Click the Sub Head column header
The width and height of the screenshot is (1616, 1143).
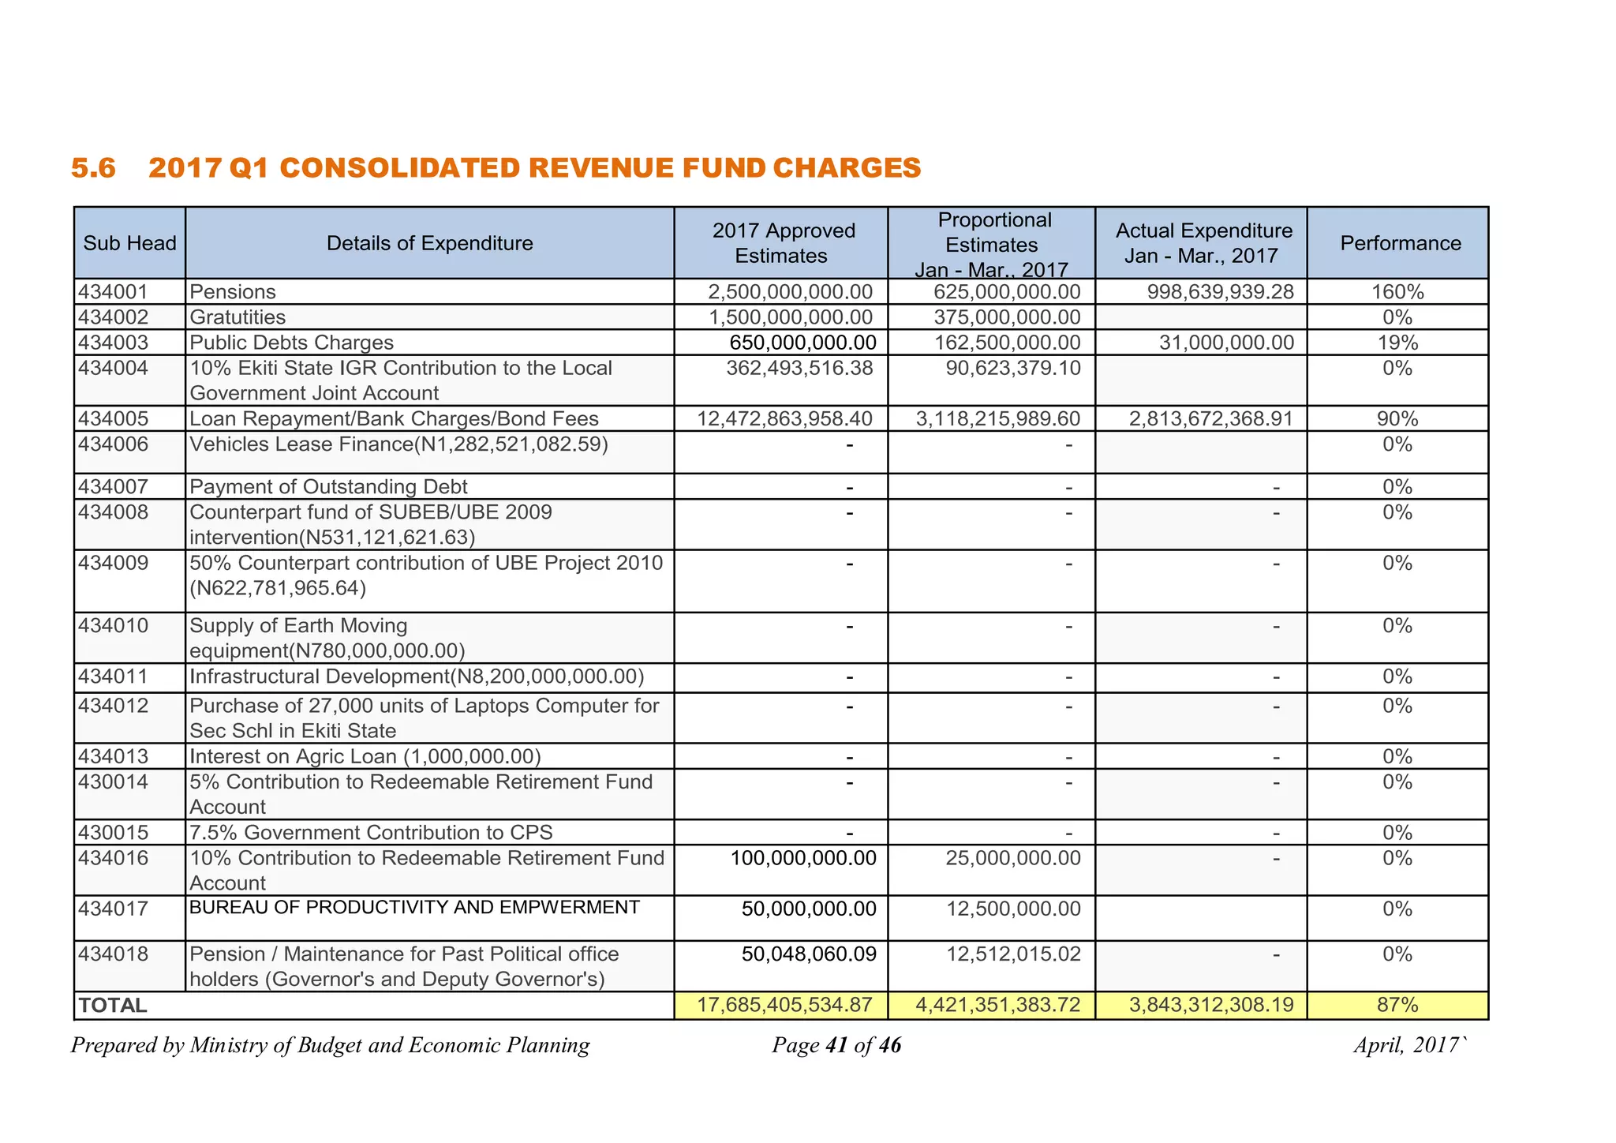[x=129, y=243]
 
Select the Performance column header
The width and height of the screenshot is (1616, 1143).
[x=1400, y=243]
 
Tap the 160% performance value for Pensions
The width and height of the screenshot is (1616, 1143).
[x=1397, y=292]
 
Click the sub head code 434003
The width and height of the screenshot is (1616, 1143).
[x=113, y=343]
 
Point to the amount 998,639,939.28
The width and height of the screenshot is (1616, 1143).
[x=1220, y=292]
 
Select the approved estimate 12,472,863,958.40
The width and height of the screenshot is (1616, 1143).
[x=784, y=418]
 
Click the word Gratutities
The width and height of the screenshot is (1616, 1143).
[x=238, y=317]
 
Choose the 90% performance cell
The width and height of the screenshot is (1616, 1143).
[x=1397, y=419]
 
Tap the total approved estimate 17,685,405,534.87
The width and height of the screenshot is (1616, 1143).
[x=784, y=1005]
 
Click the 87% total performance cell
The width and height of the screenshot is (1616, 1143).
[x=1397, y=1005]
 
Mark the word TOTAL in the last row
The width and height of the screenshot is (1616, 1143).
[x=113, y=1006]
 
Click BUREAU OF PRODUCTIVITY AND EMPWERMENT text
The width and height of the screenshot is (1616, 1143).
[x=414, y=907]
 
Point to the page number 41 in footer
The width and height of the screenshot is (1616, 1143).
[x=836, y=1046]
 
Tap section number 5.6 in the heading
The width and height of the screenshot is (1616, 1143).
[x=93, y=168]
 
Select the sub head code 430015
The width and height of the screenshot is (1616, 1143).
[x=113, y=833]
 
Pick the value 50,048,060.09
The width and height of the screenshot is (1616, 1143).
[x=808, y=954]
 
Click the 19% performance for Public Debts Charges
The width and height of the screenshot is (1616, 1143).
[x=1397, y=343]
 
